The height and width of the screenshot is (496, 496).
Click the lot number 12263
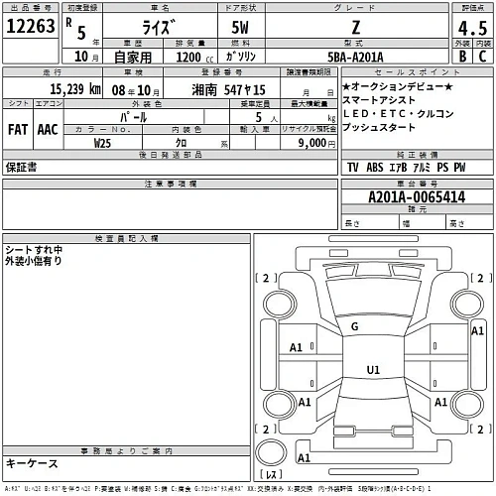[31, 28]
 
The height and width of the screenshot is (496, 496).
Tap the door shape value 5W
[240, 29]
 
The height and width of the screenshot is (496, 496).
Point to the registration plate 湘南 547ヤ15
[228, 89]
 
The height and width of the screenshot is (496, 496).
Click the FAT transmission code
[17, 129]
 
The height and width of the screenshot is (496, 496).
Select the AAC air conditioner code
[47, 129]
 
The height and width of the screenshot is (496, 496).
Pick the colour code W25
[102, 143]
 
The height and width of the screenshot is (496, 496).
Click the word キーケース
[32, 463]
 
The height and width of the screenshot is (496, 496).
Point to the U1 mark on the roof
[373, 369]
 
